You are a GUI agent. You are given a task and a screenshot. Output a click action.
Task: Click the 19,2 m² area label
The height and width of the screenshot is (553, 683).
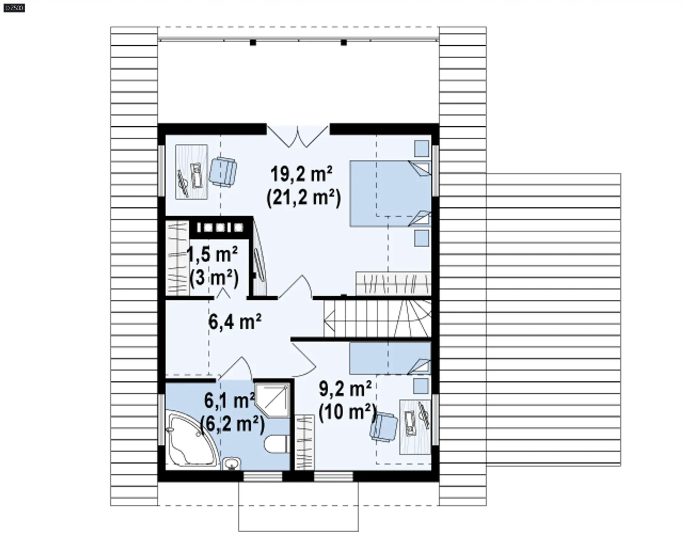(302, 174)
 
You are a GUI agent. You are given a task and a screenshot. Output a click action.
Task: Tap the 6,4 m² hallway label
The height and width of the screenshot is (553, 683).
(235, 322)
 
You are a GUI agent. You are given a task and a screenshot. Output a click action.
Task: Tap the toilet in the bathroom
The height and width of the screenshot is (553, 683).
(276, 444)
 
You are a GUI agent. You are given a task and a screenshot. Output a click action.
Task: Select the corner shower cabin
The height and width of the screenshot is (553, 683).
(272, 399)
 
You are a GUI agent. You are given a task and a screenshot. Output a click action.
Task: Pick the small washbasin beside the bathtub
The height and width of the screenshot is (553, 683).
(232, 463)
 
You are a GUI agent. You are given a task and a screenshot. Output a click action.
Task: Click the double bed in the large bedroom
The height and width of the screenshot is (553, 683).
(390, 194)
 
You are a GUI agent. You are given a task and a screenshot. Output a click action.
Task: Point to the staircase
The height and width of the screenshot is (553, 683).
(377, 318)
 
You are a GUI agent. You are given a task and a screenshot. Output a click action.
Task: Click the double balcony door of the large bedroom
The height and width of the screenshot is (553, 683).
(298, 136)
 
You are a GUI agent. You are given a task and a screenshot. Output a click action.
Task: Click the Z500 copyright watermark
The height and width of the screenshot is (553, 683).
(14, 7)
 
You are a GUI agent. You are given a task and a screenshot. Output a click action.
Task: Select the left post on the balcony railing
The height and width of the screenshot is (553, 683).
(253, 43)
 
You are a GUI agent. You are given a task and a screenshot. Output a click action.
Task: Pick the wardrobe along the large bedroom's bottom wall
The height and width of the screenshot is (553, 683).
(393, 284)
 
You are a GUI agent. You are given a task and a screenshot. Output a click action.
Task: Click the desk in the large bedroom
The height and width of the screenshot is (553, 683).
(192, 172)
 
